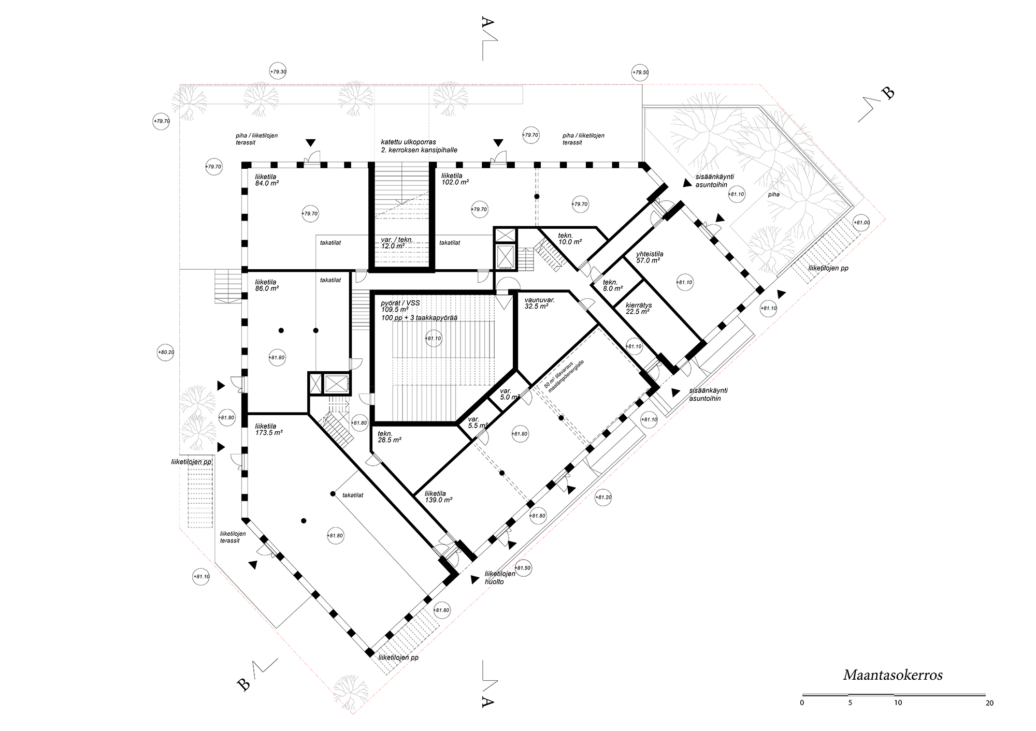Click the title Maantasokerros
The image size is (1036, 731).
[x=893, y=675]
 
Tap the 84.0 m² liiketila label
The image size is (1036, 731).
[x=267, y=180]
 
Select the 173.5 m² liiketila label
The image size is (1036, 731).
[x=268, y=429]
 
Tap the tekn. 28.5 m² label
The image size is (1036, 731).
[x=390, y=437]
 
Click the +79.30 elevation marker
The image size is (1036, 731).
[x=278, y=72]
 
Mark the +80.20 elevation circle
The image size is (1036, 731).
[x=166, y=353]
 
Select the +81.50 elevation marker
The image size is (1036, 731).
[x=523, y=568]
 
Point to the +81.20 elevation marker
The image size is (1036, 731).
[x=603, y=498]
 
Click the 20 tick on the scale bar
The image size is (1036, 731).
[x=989, y=703]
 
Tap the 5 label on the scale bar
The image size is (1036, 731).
[x=850, y=703]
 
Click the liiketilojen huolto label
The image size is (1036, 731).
[x=500, y=578]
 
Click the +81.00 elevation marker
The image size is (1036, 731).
[x=861, y=223]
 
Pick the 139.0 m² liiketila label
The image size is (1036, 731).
[x=438, y=497]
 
